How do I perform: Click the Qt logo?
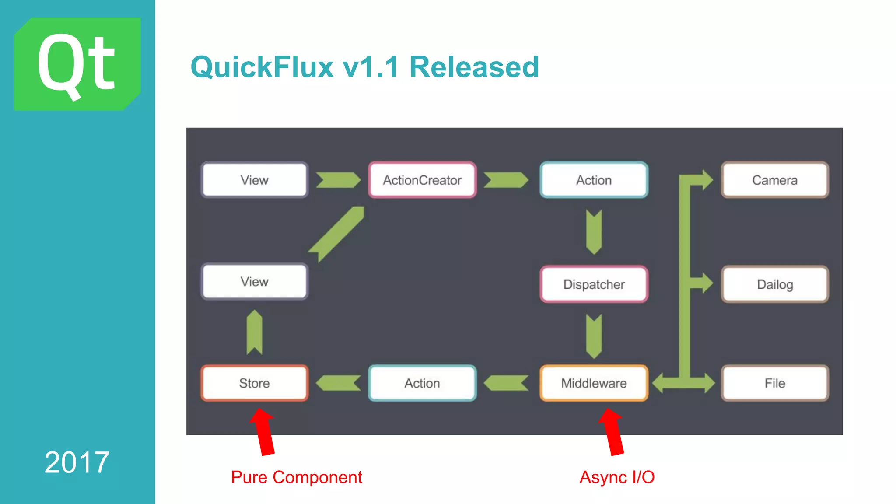pos(77,64)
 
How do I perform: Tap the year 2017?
pos(77,462)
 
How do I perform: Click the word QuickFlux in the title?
pos(262,67)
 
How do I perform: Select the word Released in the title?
pos(474,67)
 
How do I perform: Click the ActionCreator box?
pos(422,180)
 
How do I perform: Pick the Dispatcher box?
pos(594,284)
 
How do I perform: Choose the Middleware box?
pos(594,383)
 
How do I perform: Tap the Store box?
pos(254,383)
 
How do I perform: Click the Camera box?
pos(774,180)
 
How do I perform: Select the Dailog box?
pos(774,284)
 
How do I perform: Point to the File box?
pos(774,383)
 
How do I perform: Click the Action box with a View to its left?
pos(594,180)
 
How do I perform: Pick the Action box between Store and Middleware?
pos(422,383)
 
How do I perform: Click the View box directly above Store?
pos(254,282)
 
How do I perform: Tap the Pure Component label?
pos(296,477)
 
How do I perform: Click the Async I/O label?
pos(617,477)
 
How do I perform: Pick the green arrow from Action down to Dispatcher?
pos(594,232)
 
